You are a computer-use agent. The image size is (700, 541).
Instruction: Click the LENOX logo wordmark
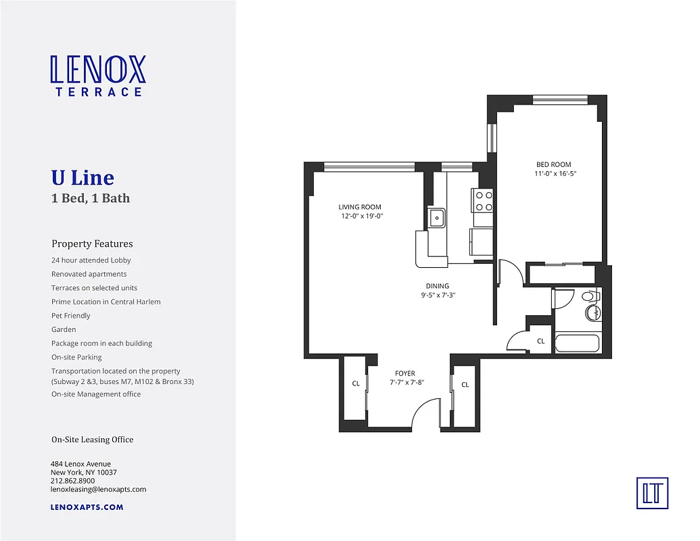pyautogui.click(x=98, y=70)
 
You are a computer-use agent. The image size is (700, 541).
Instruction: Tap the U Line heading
pyautogui.click(x=83, y=178)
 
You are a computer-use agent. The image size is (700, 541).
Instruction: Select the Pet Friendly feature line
pyautogui.click(x=71, y=316)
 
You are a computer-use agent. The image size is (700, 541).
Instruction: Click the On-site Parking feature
pyautogui.click(x=76, y=357)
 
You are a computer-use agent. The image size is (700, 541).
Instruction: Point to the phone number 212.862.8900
pyautogui.click(x=73, y=481)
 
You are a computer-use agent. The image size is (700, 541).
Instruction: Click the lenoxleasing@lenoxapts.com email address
pyautogui.click(x=99, y=489)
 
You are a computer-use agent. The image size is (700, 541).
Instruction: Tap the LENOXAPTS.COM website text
pyautogui.click(x=87, y=507)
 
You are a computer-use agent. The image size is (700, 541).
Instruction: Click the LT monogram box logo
pyautogui.click(x=652, y=492)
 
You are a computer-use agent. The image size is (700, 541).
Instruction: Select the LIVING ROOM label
pyautogui.click(x=360, y=207)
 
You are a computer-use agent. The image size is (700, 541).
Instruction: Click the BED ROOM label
pyautogui.click(x=554, y=164)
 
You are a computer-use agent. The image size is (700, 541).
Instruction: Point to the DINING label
pyautogui.click(x=438, y=286)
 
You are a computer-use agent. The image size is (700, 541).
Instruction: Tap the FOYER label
pyautogui.click(x=405, y=373)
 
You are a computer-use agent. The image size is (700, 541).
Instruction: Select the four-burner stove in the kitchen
pyautogui.click(x=484, y=201)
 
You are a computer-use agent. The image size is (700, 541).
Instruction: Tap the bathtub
pyautogui.click(x=576, y=344)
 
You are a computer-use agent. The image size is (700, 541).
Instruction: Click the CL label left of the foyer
pyautogui.click(x=355, y=383)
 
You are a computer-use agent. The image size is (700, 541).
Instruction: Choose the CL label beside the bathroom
pyautogui.click(x=540, y=342)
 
